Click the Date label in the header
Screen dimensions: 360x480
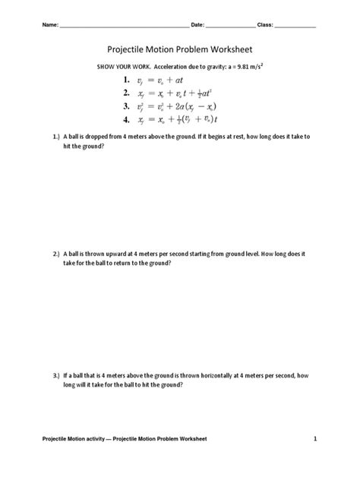197,26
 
